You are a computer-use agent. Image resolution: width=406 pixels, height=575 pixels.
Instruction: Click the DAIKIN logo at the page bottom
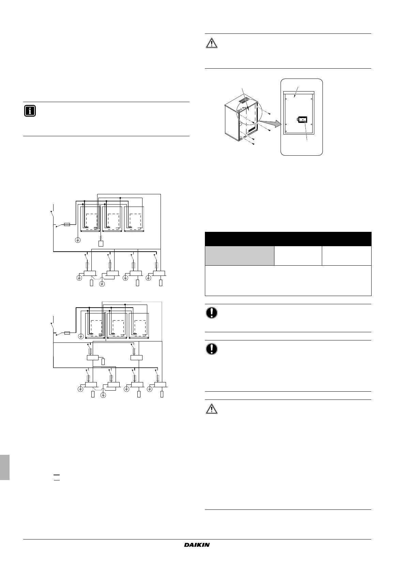[197, 545]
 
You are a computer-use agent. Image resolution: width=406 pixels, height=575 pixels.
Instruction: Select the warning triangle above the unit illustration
[211, 44]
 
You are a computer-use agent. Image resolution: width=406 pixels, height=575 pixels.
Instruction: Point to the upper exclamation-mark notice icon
[211, 313]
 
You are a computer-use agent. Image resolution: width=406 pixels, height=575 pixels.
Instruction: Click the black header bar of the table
[288, 239]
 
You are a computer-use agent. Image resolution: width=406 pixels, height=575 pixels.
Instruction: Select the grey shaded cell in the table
[239, 255]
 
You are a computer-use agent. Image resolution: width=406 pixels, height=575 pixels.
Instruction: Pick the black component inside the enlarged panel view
[302, 120]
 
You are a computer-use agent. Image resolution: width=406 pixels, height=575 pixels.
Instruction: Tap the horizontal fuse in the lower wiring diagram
[67, 333]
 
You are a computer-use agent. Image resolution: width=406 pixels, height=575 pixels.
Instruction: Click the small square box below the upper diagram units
[101, 244]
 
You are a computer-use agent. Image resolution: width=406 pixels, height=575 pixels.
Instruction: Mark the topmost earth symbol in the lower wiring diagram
[81, 336]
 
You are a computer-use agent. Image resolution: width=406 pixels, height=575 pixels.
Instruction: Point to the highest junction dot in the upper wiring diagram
[120, 198]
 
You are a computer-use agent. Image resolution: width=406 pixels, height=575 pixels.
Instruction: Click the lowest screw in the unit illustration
[253, 144]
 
